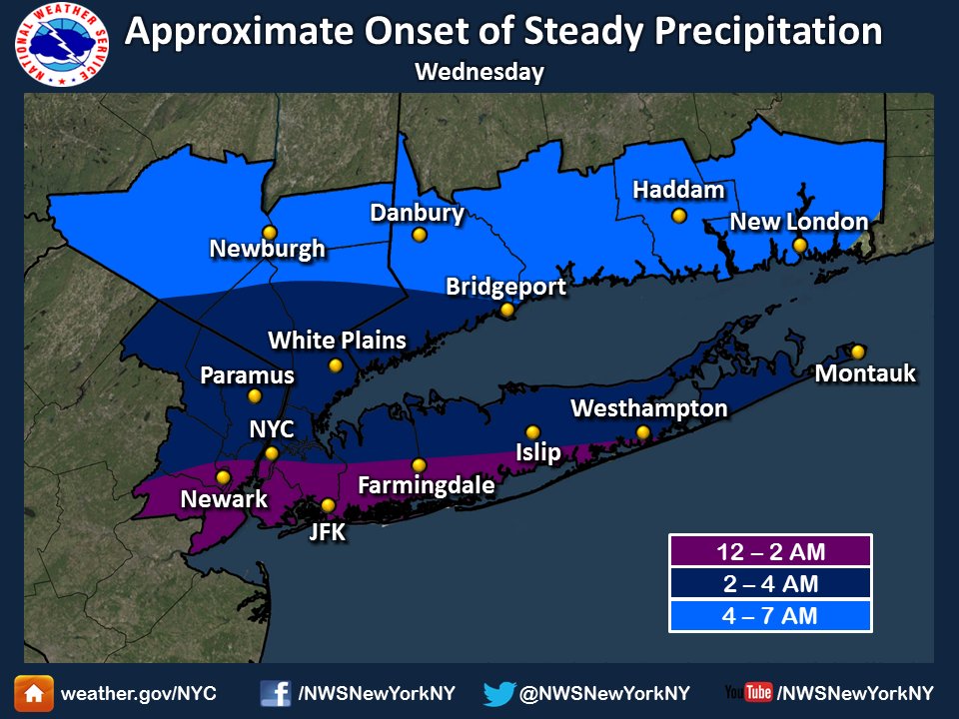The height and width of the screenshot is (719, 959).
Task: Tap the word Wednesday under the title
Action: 479,72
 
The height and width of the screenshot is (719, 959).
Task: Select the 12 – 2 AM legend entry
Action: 769,551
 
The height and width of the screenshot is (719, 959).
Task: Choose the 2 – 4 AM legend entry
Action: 769,583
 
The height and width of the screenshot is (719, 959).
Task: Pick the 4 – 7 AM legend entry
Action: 769,616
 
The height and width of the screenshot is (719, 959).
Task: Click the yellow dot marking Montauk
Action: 857,351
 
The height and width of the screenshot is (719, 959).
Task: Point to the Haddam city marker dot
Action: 678,215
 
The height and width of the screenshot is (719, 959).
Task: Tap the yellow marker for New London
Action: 799,245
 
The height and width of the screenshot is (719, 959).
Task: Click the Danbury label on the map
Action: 417,213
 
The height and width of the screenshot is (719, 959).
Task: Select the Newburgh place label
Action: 268,248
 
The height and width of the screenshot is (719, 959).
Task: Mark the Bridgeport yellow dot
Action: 506,310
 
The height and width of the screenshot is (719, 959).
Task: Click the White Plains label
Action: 338,341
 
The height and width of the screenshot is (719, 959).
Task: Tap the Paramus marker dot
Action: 255,395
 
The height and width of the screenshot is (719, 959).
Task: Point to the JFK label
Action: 327,532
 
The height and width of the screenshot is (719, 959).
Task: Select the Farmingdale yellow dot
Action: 419,464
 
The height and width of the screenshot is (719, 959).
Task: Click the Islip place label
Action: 538,452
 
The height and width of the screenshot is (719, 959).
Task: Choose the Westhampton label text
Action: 648,408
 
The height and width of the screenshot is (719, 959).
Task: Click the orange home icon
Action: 33,693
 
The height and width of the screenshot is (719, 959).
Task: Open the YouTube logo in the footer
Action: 748,693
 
